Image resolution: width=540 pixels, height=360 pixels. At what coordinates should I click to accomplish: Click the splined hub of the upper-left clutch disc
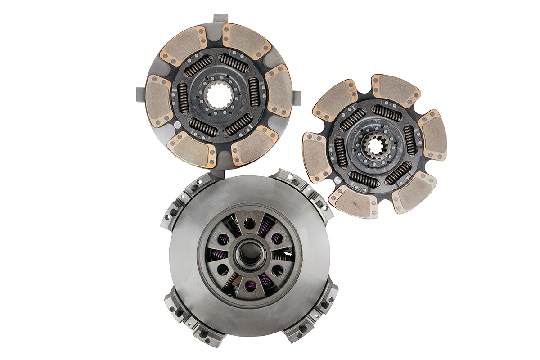219,96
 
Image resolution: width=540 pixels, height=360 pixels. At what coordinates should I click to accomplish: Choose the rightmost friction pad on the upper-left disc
279,90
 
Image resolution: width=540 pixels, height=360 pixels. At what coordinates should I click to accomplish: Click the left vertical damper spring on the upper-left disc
183,98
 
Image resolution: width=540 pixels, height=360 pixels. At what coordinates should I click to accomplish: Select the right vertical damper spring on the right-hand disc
410,140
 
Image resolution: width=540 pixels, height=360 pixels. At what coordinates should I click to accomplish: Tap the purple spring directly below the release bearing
251,285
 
